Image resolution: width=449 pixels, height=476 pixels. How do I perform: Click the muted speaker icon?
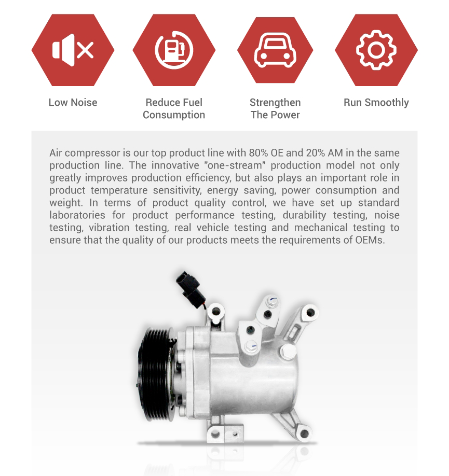click(73, 50)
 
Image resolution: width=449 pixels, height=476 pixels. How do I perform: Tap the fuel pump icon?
click(174, 50)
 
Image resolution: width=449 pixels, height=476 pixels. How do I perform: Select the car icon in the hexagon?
click(275, 50)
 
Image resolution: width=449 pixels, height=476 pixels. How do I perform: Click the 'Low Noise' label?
click(73, 102)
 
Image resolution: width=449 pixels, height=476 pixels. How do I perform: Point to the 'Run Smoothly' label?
click(376, 103)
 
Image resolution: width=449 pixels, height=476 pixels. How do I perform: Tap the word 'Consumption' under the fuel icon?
click(174, 115)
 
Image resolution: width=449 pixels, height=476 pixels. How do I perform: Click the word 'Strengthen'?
click(275, 103)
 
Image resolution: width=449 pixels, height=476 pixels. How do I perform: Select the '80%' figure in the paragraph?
click(258, 152)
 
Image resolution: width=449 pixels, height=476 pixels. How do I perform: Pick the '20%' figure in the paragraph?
click(316, 152)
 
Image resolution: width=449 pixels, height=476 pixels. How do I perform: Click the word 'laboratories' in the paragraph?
click(77, 215)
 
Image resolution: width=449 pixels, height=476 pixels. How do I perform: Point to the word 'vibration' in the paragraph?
click(109, 228)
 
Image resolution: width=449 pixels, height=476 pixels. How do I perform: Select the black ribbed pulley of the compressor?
click(155, 374)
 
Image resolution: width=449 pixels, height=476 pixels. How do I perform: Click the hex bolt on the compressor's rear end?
click(288, 351)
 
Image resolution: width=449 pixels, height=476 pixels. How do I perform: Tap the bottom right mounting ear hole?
click(304, 434)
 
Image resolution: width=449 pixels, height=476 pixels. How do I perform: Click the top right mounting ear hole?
click(310, 312)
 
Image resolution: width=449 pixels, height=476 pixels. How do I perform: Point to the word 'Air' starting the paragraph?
click(56, 152)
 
